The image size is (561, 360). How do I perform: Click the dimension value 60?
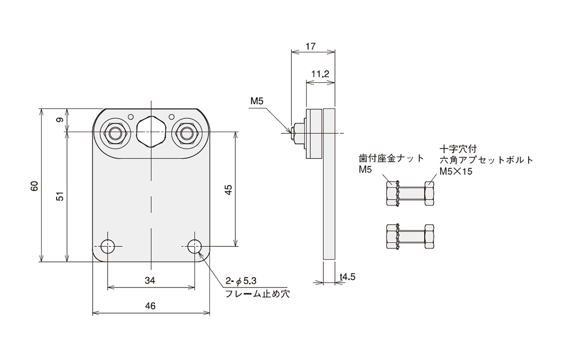point(34,186)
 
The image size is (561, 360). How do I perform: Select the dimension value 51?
point(60,196)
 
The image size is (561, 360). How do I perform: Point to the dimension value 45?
point(229,189)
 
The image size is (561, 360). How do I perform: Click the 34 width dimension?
point(150,280)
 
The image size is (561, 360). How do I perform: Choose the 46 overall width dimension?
point(150,305)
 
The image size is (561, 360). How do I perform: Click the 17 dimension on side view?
point(310,46)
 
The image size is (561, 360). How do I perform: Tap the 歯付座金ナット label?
point(391,158)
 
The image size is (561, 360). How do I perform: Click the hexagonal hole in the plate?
point(151,132)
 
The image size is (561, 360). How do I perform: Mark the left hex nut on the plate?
point(116,133)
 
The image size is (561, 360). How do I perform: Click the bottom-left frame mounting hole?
point(107,246)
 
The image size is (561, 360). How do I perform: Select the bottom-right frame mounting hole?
point(194,246)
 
